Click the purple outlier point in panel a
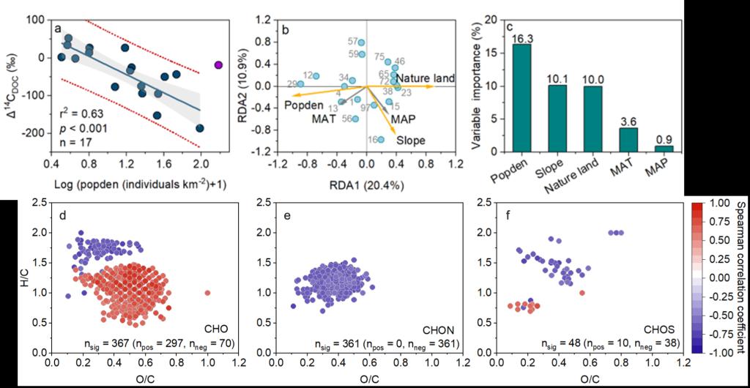point(218,65)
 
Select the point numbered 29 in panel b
point(300,84)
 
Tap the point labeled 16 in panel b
point(380,138)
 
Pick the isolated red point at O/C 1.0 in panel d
point(207,292)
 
